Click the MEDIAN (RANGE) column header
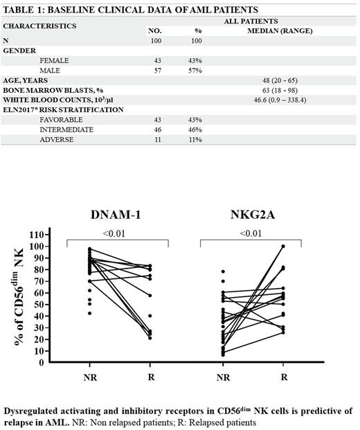pyautogui.click(x=283, y=31)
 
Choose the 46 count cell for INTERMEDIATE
pyautogui.click(x=157, y=129)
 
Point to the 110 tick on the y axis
pyautogui.click(x=42, y=235)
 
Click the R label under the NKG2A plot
pyautogui.click(x=283, y=377)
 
